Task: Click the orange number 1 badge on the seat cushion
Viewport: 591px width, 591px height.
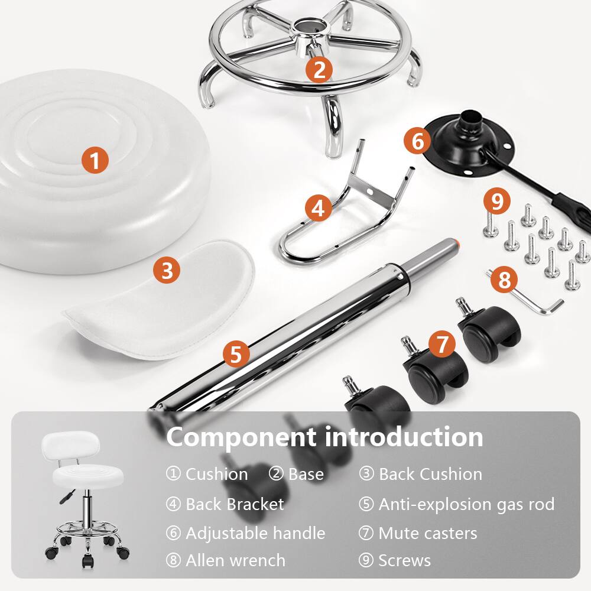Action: pos(95,160)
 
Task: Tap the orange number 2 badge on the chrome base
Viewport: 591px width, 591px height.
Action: pos(319,70)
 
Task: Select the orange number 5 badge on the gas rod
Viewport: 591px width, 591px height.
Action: pos(236,355)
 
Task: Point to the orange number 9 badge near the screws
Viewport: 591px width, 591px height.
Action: pos(496,202)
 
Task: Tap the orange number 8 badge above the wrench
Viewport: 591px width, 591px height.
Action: pos(504,280)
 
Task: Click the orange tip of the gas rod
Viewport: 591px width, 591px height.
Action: pos(457,242)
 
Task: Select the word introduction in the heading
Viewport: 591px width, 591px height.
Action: pos(404,437)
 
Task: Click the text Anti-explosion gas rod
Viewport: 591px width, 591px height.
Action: pos(466,504)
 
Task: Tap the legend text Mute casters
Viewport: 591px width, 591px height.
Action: pos(427,533)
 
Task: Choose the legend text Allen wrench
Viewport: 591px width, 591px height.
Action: pos(235,560)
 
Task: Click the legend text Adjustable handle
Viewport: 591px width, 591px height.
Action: pos(255,533)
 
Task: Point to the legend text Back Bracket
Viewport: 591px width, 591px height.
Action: pos(235,504)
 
